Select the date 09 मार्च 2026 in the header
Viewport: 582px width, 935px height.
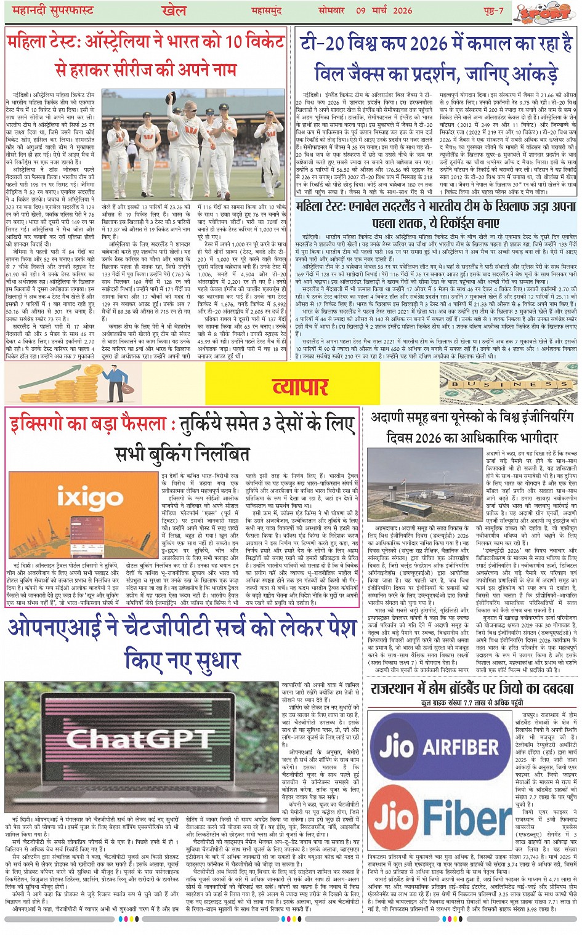tap(383, 10)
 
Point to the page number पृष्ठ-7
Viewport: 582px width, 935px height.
tap(492, 10)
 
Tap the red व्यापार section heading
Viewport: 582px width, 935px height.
tap(300, 387)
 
